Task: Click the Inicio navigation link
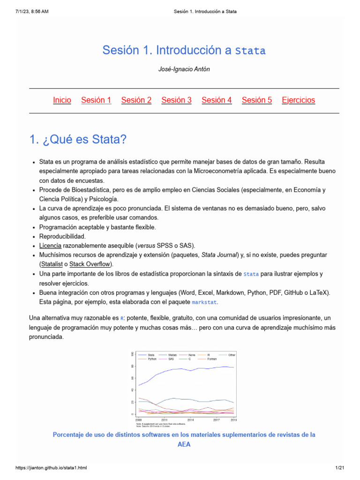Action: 62,100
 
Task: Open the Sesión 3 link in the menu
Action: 176,100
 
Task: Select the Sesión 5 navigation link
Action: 256,100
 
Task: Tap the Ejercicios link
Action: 298,100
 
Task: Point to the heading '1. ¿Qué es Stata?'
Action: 78,140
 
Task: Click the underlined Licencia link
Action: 50,246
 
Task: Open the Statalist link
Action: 52,264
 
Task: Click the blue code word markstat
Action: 204,302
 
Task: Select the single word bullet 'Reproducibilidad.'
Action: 62,236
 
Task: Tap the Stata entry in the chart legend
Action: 151,355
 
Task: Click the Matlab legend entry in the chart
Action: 172,355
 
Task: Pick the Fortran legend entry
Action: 212,359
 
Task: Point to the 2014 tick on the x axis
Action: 190,420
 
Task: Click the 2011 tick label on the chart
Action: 164,420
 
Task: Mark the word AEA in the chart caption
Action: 184,444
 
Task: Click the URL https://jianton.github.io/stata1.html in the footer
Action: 51,468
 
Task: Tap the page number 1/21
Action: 340,468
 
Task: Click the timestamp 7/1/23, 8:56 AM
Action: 31,11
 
